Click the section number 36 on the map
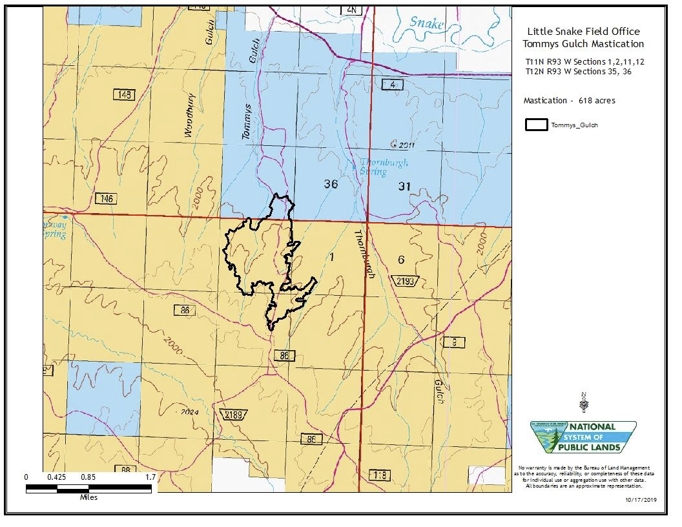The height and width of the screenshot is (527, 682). [x=331, y=184]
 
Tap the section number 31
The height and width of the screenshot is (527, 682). [x=404, y=187]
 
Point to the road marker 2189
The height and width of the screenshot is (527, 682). [x=234, y=414]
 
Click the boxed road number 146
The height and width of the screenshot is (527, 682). [x=105, y=198]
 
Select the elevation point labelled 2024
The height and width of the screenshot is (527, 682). [x=187, y=412]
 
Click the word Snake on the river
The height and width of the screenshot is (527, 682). [x=428, y=23]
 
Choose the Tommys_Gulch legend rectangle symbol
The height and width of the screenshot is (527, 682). [x=536, y=125]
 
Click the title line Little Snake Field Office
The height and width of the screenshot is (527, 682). [x=583, y=31]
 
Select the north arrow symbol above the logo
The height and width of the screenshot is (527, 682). [x=584, y=402]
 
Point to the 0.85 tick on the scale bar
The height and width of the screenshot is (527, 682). [x=88, y=477]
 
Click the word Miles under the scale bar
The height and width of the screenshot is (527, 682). [x=89, y=497]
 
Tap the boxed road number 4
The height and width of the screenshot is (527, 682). [x=392, y=85]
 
